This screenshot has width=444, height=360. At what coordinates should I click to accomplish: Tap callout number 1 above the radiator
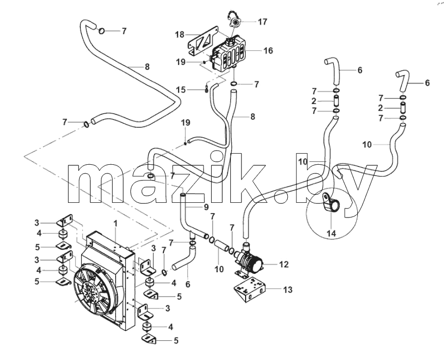pyautogui.click(x=115, y=224)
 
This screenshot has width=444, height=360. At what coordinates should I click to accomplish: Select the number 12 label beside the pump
pyautogui.click(x=284, y=264)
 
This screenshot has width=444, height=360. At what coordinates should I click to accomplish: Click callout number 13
pyautogui.click(x=287, y=290)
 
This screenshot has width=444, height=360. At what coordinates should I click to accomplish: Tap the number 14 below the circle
pyautogui.click(x=331, y=234)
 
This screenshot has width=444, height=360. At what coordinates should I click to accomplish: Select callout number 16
pyautogui.click(x=268, y=50)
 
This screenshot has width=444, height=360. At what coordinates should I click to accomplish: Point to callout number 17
pyautogui.click(x=262, y=21)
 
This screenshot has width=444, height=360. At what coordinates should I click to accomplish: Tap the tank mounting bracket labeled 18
pyautogui.click(x=203, y=41)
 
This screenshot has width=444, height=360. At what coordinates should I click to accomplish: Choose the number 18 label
pyautogui.click(x=180, y=35)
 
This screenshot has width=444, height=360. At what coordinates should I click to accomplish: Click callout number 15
pyautogui.click(x=181, y=90)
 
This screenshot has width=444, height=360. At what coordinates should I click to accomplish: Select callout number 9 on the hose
pyautogui.click(x=206, y=207)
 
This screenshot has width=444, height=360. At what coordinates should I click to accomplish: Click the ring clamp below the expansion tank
pyautogui.click(x=233, y=84)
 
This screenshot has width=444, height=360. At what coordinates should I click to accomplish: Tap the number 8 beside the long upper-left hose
pyautogui.click(x=147, y=67)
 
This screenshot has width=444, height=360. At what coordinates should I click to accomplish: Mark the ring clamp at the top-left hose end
pyautogui.click(x=101, y=30)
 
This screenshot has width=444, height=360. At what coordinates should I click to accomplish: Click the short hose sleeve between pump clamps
pyautogui.click(x=221, y=245)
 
